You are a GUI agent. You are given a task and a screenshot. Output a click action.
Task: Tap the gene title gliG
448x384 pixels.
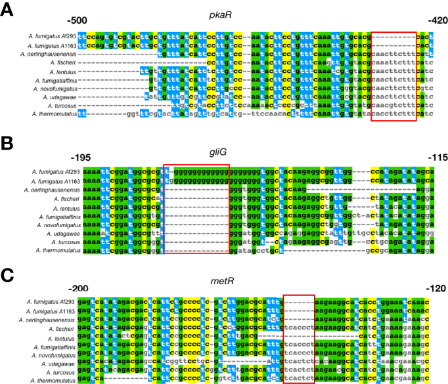pos(225,152)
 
